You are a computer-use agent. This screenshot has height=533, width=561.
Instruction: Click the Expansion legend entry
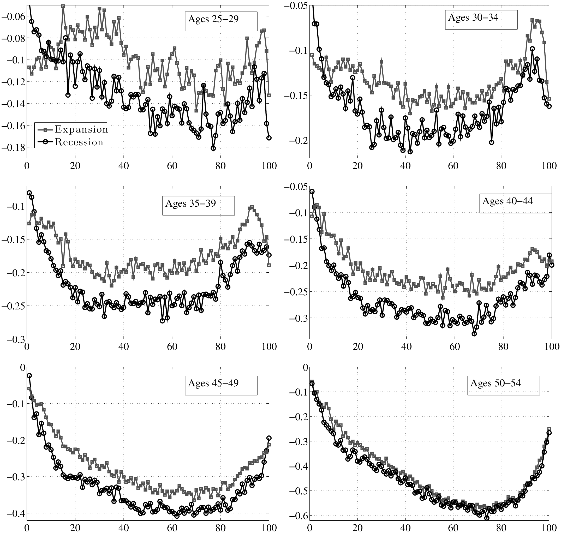click(x=81, y=130)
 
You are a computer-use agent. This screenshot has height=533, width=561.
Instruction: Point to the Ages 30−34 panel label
click(x=473, y=18)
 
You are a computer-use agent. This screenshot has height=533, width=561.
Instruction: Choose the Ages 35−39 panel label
click(x=190, y=203)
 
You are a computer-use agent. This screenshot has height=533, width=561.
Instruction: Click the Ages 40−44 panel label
click(x=508, y=201)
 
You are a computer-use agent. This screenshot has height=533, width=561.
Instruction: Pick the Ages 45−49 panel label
click(x=213, y=383)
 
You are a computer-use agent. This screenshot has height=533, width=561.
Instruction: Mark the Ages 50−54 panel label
click(x=495, y=383)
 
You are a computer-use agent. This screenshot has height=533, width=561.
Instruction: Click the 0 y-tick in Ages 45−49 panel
click(x=22, y=367)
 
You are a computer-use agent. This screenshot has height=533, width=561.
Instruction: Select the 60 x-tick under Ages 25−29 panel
click(x=172, y=166)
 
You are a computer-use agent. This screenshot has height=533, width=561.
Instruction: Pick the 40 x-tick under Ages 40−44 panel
click(x=407, y=347)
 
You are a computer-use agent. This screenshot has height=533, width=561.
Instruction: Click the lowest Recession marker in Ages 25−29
click(x=213, y=148)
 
